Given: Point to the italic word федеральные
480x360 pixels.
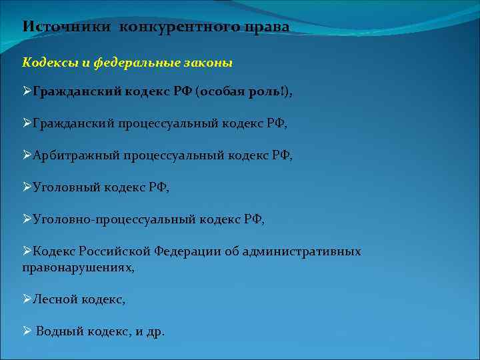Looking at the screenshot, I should pyautogui.click(x=137, y=63).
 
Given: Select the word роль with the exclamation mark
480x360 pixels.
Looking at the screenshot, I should pyautogui.click(x=267, y=92).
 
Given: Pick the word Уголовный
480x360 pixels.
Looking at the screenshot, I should pyautogui.click(x=65, y=187).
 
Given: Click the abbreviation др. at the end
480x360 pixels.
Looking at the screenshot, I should pyautogui.click(x=154, y=331).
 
